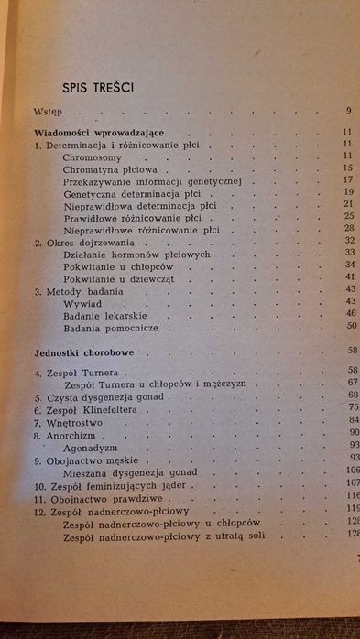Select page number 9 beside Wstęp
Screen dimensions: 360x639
click(x=349, y=113)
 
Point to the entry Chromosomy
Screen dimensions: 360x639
click(x=94, y=157)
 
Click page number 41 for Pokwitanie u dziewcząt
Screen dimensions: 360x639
click(x=349, y=276)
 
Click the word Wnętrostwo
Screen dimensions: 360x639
click(x=75, y=424)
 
